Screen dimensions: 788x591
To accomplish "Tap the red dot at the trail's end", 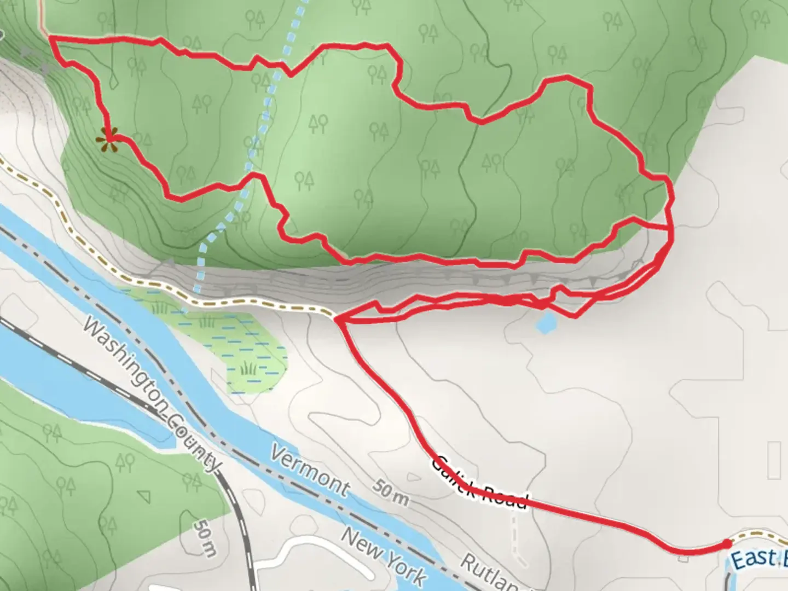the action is [726, 543].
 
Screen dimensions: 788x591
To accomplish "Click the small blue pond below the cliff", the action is [547, 323].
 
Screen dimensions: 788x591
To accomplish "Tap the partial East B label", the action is [758, 559].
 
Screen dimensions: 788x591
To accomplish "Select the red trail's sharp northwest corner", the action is [52, 38].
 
